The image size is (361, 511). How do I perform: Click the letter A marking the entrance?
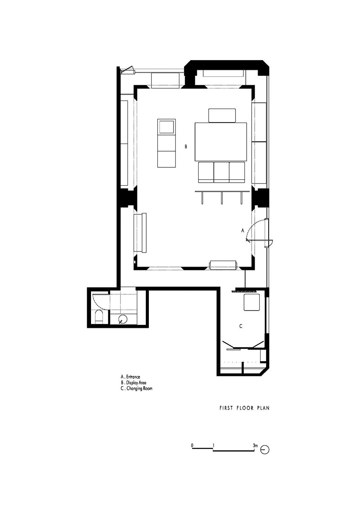pos(242,230)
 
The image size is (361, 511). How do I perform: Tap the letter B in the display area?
pos(186,146)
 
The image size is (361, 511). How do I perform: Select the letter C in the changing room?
pos(241,326)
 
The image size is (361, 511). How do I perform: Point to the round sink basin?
pos(123,319)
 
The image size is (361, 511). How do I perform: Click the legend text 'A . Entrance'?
pos(130,376)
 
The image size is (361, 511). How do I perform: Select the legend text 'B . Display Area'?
pos(134,382)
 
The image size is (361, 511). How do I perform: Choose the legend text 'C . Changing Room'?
pos(136,388)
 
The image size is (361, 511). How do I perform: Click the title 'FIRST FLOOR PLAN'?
pos(244,408)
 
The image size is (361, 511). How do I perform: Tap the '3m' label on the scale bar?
pos(255,445)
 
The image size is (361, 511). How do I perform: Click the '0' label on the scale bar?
pos(193,445)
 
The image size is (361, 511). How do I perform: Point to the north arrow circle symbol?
pos(265,450)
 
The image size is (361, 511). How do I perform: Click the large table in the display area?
pos(221,142)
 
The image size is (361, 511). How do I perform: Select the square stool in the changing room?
pos(252,302)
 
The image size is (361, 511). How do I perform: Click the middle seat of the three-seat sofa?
pos(221,172)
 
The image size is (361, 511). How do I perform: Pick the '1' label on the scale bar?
pos(213,445)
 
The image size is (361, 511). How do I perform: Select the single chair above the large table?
pos(222,116)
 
